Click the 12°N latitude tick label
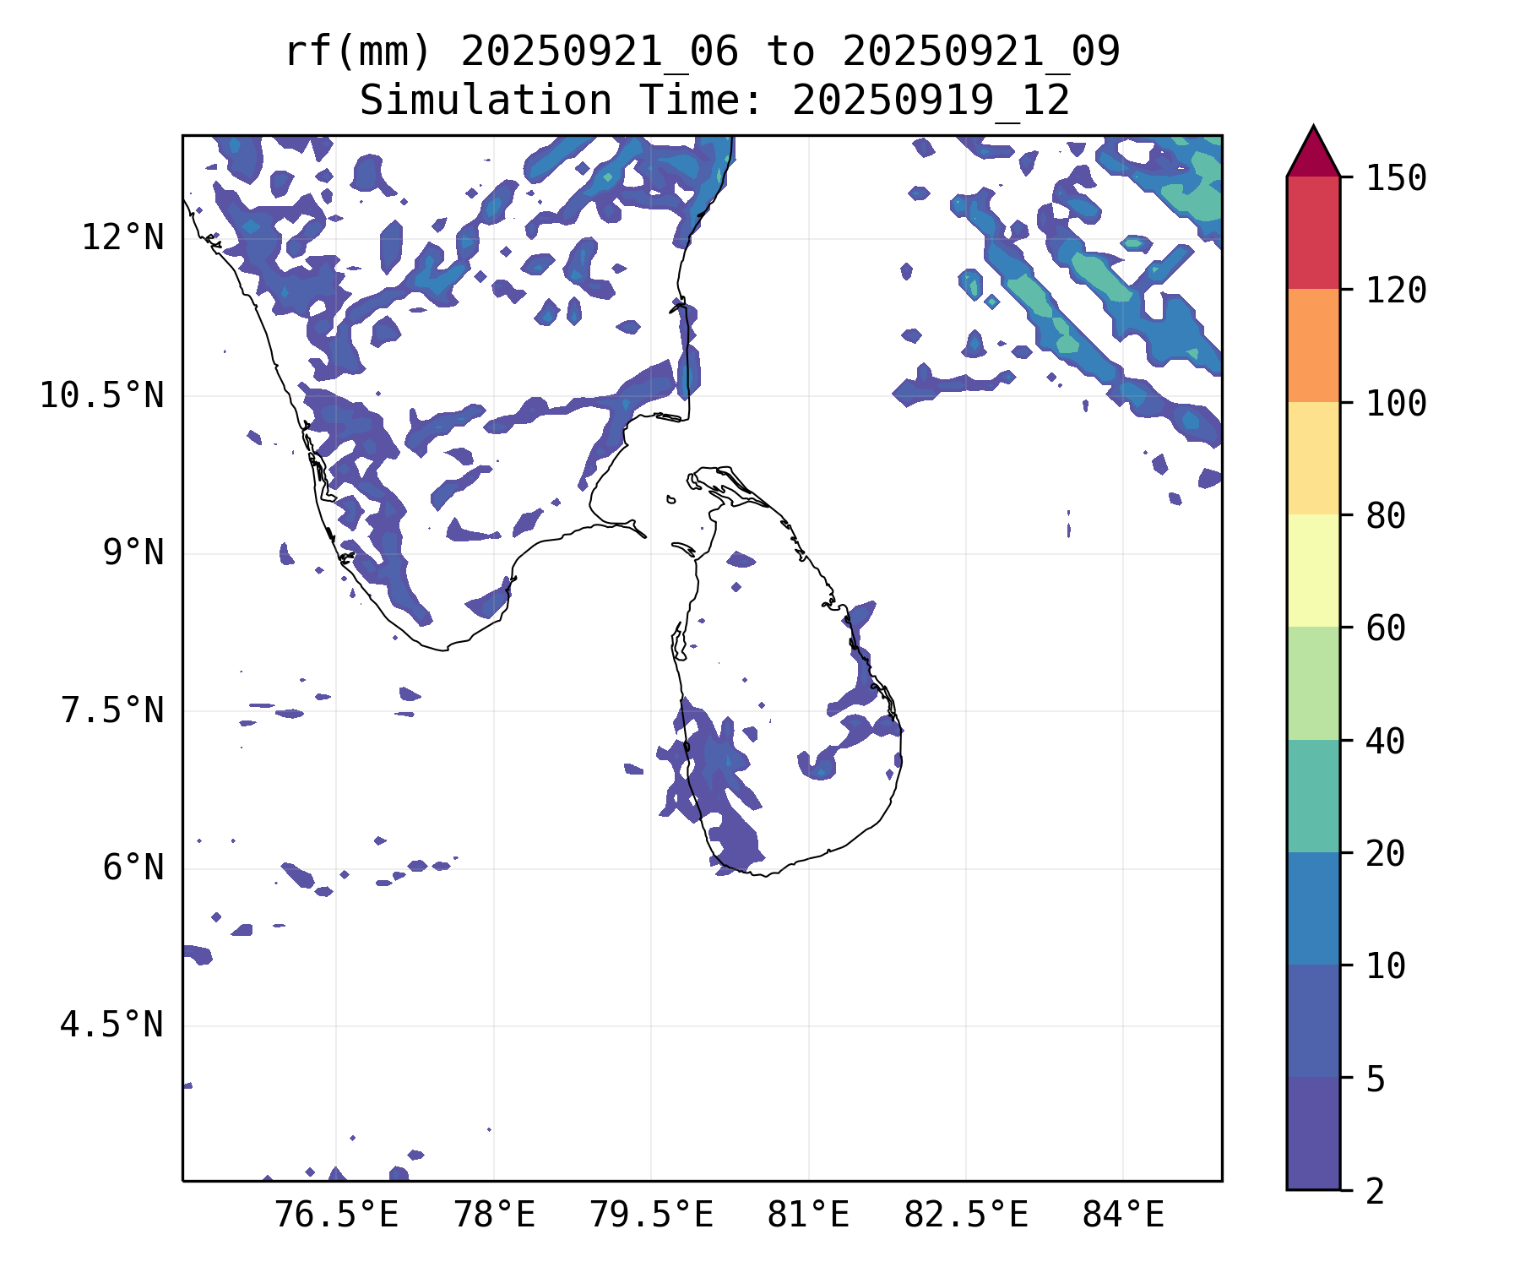point(122,238)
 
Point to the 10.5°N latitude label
point(102,395)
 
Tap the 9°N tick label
point(133,553)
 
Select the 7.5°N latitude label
point(112,710)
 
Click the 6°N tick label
point(133,868)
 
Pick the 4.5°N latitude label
point(112,1025)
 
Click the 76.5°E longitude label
point(337,1215)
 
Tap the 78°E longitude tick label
point(495,1215)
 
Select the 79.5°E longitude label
point(651,1215)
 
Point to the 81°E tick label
point(808,1215)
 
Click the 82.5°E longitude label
point(966,1215)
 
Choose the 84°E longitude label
point(1123,1215)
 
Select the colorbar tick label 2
point(1376,1191)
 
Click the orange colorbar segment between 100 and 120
point(1313,345)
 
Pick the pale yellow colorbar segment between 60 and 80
point(1313,570)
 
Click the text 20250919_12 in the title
point(931,101)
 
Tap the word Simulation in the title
point(486,101)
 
